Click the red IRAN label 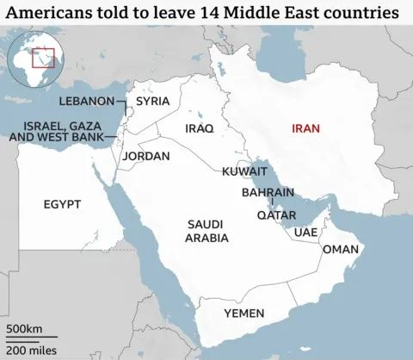pos(306,128)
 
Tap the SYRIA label pos(153,102)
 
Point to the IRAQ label pos(199,128)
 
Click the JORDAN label pos(146,157)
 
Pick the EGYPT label pos(62,204)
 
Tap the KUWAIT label pos(245,172)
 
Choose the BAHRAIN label pos(268,193)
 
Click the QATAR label pos(277,215)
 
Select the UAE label pos(305,233)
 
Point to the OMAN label pos(340,249)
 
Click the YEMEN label pos(243,313)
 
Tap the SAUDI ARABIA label pos(207,230)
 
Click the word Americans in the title pos(48,14)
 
